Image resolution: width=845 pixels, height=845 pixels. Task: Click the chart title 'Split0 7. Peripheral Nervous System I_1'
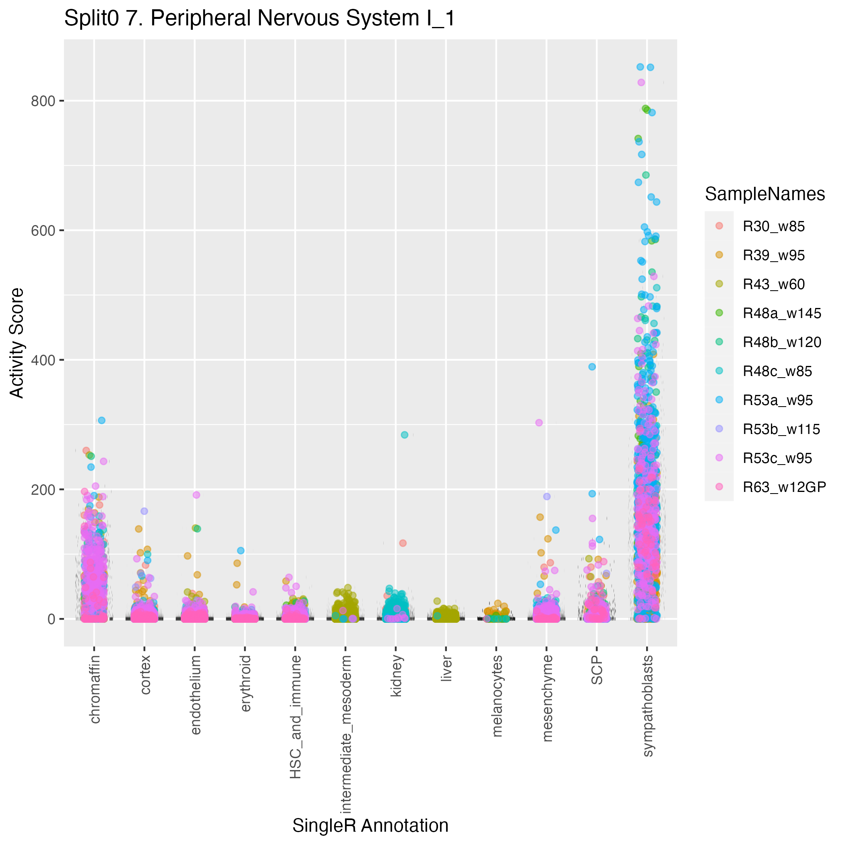click(x=260, y=19)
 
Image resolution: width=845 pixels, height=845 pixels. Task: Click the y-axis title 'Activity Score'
click(x=17, y=343)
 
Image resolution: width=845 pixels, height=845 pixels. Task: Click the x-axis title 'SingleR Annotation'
click(x=370, y=825)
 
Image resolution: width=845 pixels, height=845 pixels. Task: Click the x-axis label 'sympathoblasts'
click(x=648, y=705)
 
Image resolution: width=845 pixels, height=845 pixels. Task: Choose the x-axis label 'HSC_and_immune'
click(x=295, y=717)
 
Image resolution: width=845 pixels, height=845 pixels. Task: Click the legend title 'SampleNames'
click(x=764, y=194)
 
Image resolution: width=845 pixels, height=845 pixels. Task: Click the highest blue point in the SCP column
click(x=592, y=366)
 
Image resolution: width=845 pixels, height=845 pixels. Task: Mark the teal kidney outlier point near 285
click(x=405, y=435)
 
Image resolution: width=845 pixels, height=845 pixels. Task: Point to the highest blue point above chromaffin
click(x=101, y=420)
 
